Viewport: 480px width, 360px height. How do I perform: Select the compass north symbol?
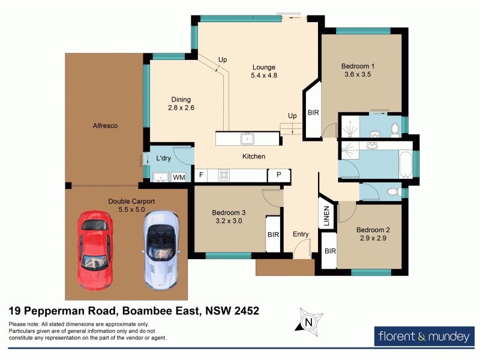[309, 322]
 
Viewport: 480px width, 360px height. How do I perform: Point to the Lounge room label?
[263, 67]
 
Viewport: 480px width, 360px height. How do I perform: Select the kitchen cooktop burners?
[224, 175]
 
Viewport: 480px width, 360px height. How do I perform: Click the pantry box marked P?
[278, 175]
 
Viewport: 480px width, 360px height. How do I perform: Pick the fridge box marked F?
[201, 175]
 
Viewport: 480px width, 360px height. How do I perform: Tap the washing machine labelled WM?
[179, 177]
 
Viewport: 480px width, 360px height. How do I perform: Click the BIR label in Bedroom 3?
[274, 235]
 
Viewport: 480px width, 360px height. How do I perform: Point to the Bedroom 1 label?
[358, 66]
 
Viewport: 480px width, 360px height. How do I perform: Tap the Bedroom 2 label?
[373, 230]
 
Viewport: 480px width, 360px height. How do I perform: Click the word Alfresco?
[105, 126]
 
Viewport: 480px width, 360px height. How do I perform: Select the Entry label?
[300, 235]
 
